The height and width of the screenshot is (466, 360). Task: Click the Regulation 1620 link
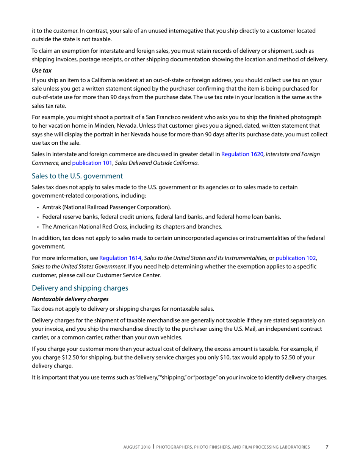[x=242, y=154]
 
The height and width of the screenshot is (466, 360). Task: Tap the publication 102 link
[x=296, y=258]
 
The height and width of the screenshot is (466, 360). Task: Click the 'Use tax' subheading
[x=42, y=71]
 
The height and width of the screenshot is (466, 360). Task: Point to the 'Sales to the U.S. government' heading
[x=77, y=176]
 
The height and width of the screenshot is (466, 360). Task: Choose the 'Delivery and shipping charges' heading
[x=80, y=288]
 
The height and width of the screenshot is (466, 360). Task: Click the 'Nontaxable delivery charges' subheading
[x=70, y=299]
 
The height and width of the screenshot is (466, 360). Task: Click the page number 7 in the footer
[x=327, y=447]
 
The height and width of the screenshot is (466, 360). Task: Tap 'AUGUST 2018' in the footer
[x=137, y=447]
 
